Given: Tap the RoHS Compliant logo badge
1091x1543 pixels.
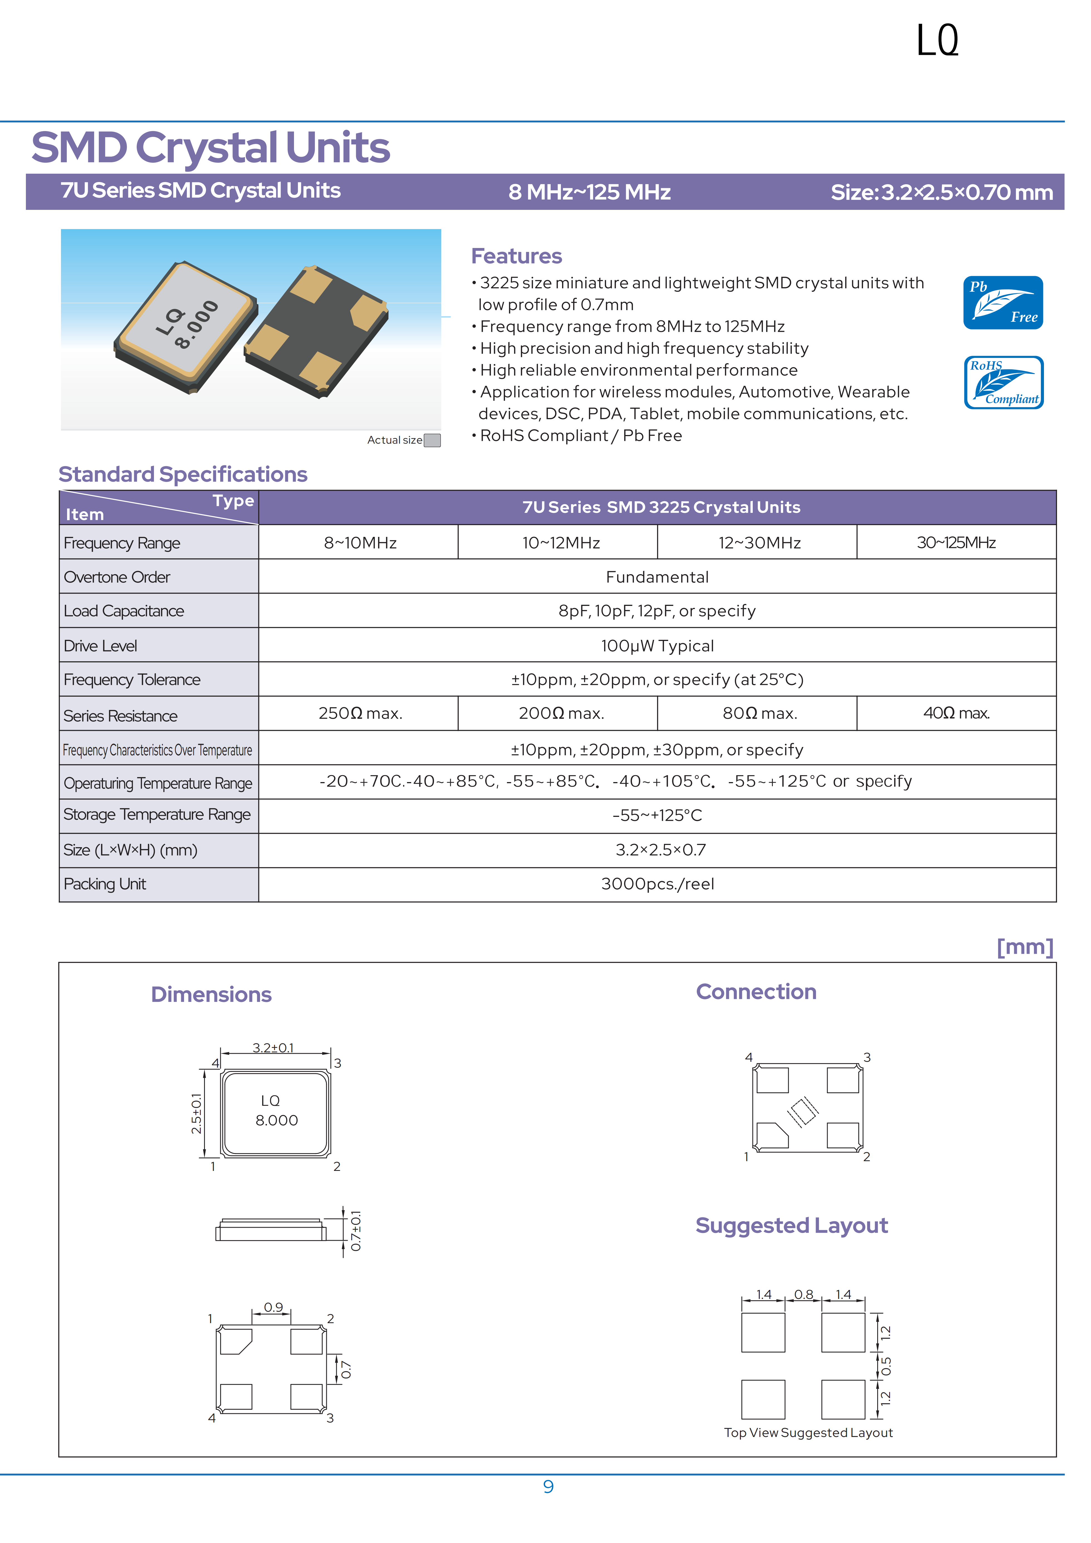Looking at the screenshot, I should pos(1003,382).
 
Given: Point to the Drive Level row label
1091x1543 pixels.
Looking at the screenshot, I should pos(101,646).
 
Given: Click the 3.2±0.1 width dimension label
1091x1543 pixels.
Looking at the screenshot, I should pos(273,1048).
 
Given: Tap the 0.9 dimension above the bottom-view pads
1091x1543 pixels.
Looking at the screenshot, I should pos(273,1307).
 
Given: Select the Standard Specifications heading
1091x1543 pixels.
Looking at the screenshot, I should pos(183,475).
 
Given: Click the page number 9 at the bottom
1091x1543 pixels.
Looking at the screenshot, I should pos(548,1487).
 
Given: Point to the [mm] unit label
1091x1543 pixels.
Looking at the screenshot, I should pos(1024,947).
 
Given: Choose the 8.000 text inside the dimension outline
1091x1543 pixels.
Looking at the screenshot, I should pos(276,1120).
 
